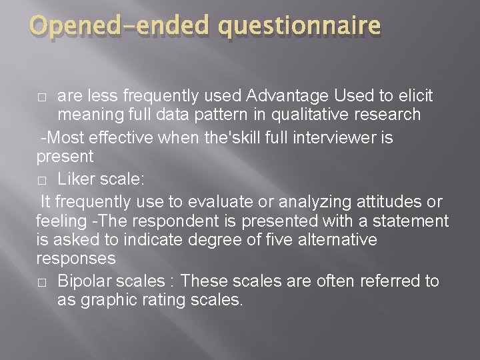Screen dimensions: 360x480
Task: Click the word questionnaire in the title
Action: (x=299, y=26)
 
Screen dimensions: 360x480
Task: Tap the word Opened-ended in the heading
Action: (x=120, y=26)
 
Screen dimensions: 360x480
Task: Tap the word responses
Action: (x=75, y=258)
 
